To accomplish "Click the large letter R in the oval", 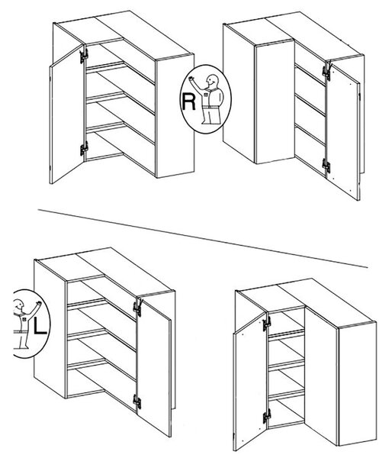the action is (188, 101).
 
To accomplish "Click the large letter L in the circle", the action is (40, 325).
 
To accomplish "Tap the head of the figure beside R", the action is (212, 80).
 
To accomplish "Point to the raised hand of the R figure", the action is (191, 79).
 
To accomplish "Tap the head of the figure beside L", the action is (19, 304).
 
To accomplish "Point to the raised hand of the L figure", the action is (39, 303).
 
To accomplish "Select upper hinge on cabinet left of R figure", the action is (84, 56).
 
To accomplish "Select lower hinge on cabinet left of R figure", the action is (84, 149).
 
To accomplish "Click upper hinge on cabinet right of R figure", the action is (326, 72).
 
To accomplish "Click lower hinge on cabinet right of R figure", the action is (326, 166).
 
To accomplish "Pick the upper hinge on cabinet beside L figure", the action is (137, 308).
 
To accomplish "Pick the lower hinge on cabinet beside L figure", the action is (137, 402).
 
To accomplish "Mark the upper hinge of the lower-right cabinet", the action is (266, 324).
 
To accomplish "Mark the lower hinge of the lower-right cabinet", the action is (266, 416).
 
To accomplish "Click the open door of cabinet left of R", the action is (67, 114).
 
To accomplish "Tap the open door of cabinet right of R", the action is (343, 131).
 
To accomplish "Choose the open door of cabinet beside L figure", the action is (154, 367).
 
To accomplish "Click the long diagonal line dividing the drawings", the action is (203, 238).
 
